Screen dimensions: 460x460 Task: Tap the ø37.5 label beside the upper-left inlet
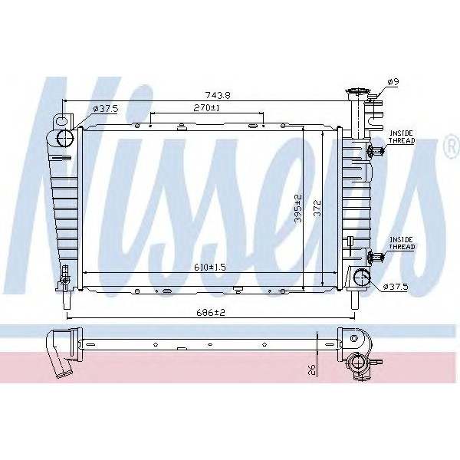pos(105,109)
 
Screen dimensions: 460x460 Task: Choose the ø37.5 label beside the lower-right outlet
pos(399,287)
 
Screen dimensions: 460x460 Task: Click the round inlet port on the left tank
pos(65,138)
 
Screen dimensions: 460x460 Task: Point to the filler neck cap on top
pos(357,95)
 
